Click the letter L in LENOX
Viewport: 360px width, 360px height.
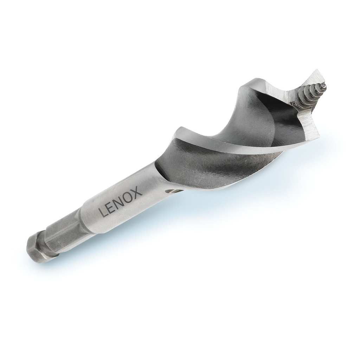click(103, 212)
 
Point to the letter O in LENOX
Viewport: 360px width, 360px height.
click(130, 196)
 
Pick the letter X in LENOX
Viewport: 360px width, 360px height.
click(138, 192)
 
